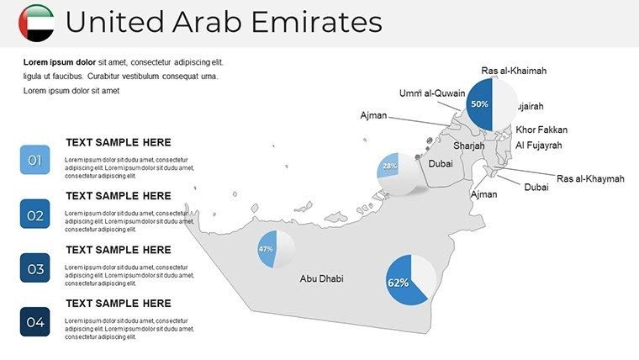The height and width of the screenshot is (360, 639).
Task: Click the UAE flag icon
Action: [36, 23]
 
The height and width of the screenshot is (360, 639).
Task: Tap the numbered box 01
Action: [34, 160]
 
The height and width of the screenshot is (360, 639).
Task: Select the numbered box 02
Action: [34, 214]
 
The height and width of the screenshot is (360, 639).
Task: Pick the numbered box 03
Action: [34, 269]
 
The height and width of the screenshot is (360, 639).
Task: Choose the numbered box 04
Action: [34, 322]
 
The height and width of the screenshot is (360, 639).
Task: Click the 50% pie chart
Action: [491, 104]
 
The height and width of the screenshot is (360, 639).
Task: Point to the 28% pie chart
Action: [395, 171]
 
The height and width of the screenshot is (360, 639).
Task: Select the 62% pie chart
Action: [410, 280]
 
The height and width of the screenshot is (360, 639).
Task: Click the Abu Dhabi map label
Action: [321, 279]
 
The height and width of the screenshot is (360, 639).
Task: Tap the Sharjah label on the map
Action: [469, 146]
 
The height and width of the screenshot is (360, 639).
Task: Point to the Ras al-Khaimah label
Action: [514, 71]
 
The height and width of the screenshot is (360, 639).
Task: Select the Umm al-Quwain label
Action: [432, 93]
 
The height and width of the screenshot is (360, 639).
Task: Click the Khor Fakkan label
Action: [541, 130]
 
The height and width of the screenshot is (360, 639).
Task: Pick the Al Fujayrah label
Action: [538, 146]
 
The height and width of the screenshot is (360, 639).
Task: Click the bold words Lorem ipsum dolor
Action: [60, 62]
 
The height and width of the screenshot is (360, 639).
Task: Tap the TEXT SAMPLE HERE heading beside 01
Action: [118, 143]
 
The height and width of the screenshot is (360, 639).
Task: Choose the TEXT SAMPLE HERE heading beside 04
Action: [118, 304]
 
